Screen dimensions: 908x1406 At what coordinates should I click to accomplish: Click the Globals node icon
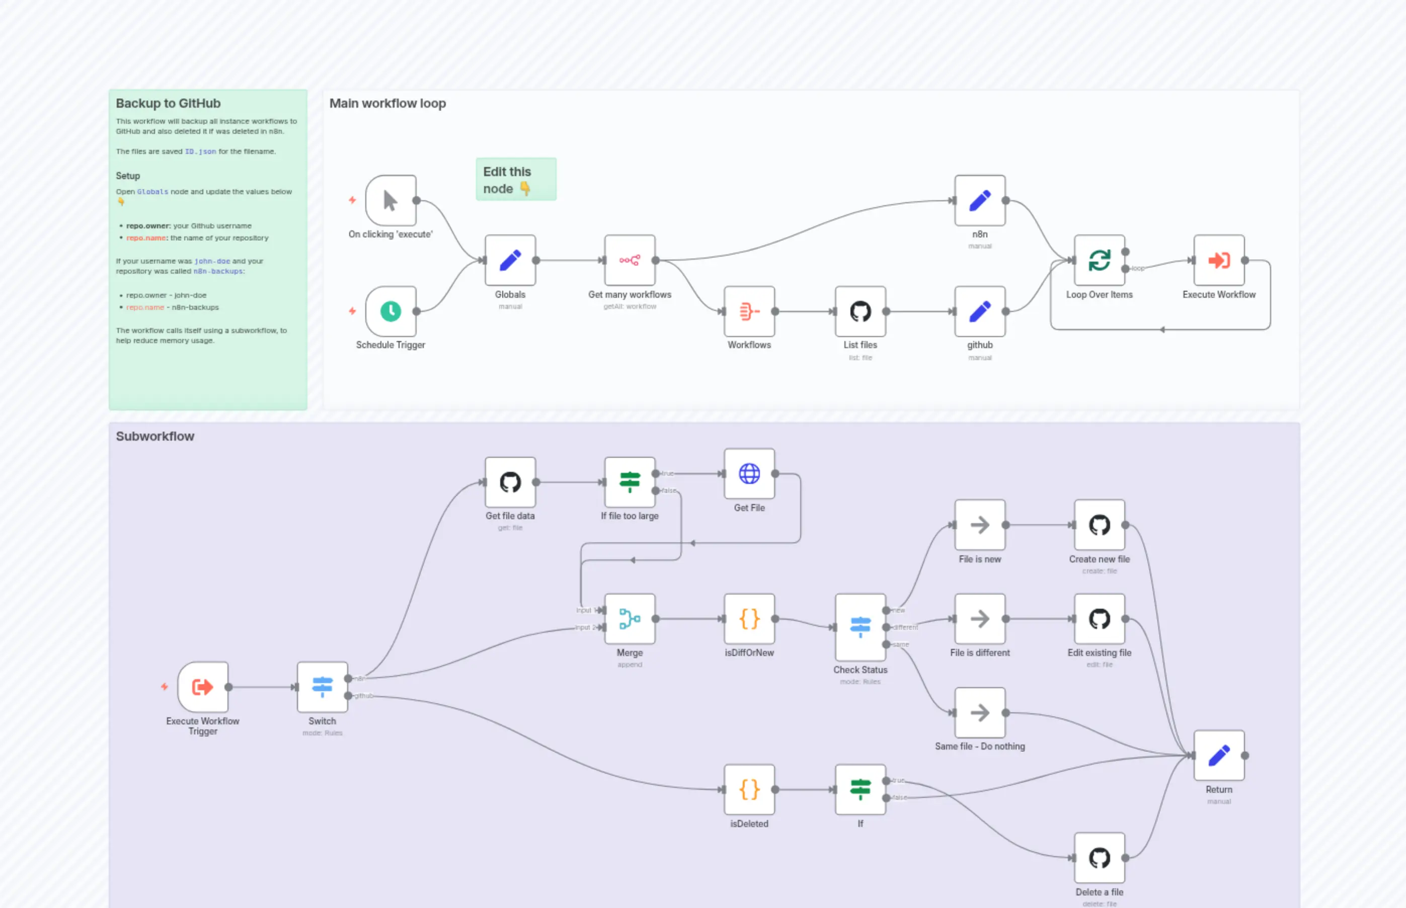click(510, 260)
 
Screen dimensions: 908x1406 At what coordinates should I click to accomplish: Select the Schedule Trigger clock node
click(390, 311)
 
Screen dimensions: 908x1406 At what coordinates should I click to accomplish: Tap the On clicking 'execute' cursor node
click(390, 201)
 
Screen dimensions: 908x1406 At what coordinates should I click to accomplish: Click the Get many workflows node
click(630, 260)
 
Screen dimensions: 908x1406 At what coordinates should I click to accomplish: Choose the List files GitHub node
click(860, 311)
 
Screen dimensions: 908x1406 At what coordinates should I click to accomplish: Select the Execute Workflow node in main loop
click(1218, 260)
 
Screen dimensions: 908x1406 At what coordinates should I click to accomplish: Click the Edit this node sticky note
click(515, 179)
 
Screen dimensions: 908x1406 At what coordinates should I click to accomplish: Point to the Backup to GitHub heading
click(168, 103)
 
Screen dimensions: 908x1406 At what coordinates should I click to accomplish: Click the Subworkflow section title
click(155, 436)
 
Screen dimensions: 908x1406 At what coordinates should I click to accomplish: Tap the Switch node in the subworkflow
click(322, 687)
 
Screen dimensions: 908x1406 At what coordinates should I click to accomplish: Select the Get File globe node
click(749, 473)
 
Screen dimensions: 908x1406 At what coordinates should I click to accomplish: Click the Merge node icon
click(630, 619)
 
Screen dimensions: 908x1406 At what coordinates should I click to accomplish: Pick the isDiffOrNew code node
click(749, 619)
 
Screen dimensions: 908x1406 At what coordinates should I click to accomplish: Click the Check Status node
click(860, 627)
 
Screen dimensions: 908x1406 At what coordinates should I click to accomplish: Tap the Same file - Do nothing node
click(980, 712)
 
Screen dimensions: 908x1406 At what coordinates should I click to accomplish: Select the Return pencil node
click(1218, 755)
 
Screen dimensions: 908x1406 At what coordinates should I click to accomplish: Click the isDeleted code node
click(749, 789)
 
